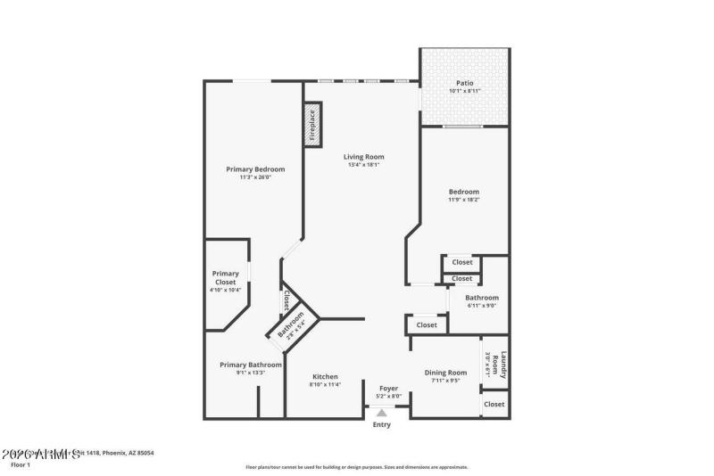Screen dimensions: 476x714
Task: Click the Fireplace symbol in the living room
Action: (312, 125)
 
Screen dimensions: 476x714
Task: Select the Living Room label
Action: (363, 157)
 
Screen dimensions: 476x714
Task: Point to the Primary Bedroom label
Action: (255, 169)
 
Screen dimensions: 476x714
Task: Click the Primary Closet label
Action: (225, 277)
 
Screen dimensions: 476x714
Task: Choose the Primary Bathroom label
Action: (251, 365)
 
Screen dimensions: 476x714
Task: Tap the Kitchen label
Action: (325, 376)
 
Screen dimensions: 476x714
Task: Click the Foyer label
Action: (389, 389)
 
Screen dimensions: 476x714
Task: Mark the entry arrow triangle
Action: (382, 413)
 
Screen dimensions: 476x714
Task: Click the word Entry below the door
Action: (382, 425)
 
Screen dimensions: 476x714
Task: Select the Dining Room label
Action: (445, 373)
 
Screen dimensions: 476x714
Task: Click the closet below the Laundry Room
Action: (494, 404)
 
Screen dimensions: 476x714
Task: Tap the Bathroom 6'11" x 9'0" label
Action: (482, 298)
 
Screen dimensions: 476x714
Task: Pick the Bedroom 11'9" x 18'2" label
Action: (463, 192)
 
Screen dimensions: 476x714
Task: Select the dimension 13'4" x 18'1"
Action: (363, 165)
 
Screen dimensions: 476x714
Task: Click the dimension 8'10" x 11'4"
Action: (325, 385)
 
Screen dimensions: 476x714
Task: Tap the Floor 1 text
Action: (21, 464)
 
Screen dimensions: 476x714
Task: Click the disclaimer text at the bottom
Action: (357, 467)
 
